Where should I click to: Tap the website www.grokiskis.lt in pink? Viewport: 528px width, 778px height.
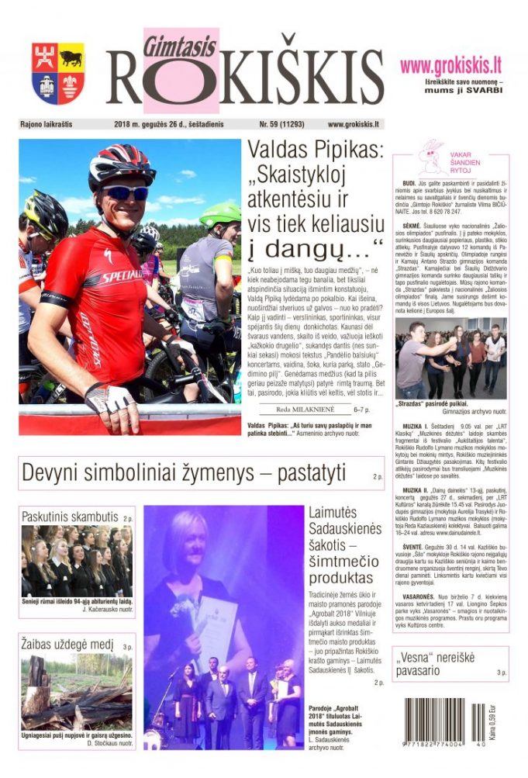tap(450, 66)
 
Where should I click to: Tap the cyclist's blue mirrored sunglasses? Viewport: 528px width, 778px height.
tap(126, 192)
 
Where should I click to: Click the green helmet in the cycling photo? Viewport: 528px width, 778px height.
tap(221, 214)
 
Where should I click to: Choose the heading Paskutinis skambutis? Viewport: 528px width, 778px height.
tap(70, 517)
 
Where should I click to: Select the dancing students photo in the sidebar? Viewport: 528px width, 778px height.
tap(450, 358)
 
